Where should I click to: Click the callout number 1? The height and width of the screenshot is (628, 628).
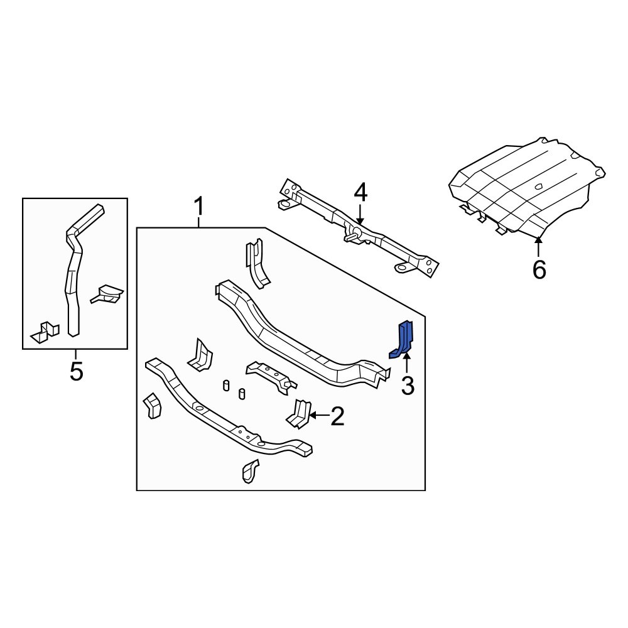pyautogui.click(x=198, y=206)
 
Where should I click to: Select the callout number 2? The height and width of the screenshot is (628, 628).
pyautogui.click(x=337, y=416)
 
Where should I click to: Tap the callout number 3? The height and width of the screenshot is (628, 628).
pyautogui.click(x=408, y=386)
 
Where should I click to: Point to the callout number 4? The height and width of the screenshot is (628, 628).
pyautogui.click(x=360, y=193)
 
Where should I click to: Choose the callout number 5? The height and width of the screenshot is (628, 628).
pyautogui.click(x=76, y=372)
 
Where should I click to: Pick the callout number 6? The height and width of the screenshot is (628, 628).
pyautogui.click(x=539, y=269)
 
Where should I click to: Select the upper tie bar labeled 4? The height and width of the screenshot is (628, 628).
pyautogui.click(x=358, y=229)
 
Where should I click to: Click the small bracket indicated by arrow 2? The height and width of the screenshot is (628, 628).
pyautogui.click(x=298, y=413)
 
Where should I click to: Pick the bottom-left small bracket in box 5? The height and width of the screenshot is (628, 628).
pyautogui.click(x=45, y=331)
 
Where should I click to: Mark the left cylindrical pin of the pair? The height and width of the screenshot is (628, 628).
pyautogui.click(x=226, y=385)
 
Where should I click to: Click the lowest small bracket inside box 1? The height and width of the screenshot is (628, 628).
pyautogui.click(x=249, y=470)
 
